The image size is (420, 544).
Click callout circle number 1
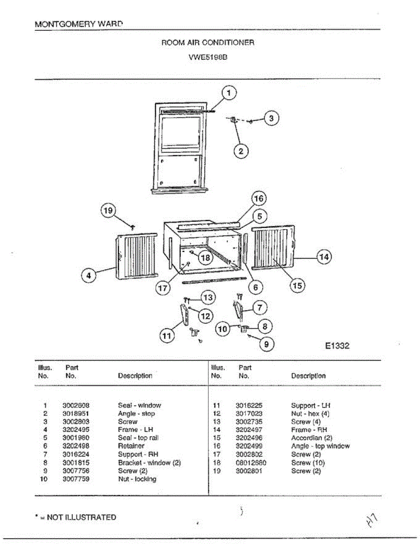pos(229,93)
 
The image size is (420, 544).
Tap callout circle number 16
pos(258,199)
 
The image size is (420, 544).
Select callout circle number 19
pos(108,210)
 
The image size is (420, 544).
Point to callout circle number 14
pos(323,257)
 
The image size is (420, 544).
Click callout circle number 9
pos(266,345)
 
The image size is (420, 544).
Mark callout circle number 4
pos(89,275)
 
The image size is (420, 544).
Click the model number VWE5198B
pos(208,58)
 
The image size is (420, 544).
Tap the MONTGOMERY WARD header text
pos(78,24)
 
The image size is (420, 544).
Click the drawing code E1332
pos(337,346)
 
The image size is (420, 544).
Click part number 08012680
pos(251,463)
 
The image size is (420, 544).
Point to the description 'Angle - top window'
pos(320,446)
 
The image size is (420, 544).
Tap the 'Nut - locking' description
pos(137,479)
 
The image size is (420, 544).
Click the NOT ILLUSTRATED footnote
pos(75,517)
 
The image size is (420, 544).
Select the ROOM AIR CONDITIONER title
pos(208,43)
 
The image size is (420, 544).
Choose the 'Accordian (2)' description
pos(312,438)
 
